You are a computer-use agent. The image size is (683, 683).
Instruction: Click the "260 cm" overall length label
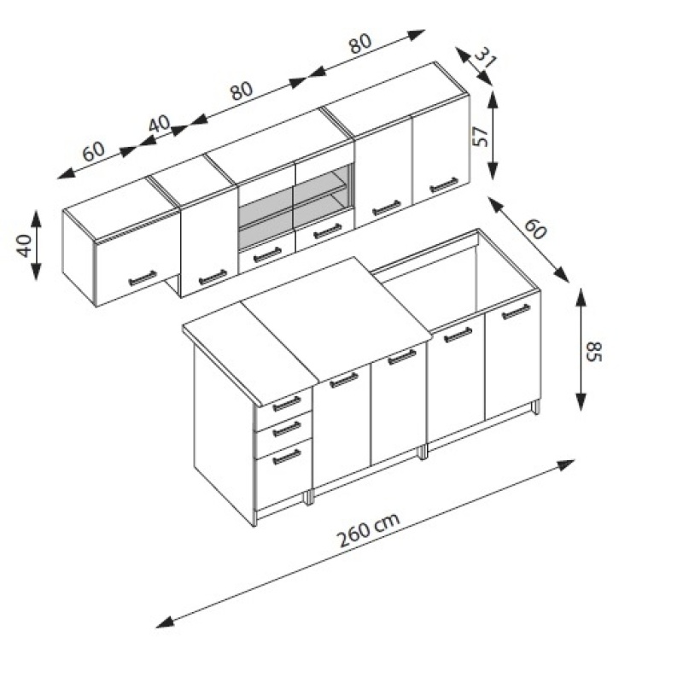tap(369, 530)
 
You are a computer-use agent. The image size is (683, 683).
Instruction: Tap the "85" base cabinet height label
tap(593, 352)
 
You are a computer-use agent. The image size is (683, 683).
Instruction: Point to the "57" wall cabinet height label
tap(480, 137)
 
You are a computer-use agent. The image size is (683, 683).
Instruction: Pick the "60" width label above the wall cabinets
tap(94, 151)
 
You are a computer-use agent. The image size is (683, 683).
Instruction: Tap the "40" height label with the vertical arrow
tap(25, 246)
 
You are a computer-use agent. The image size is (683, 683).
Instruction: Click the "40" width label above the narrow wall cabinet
tap(159, 123)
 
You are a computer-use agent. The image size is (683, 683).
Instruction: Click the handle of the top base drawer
tap(287, 404)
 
